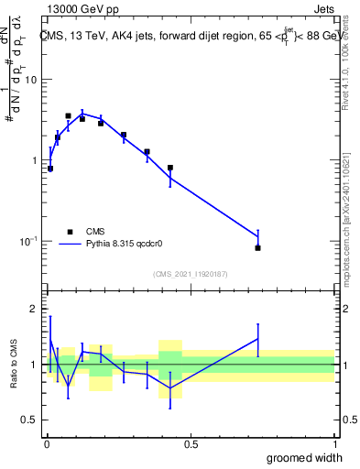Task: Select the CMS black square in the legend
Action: click(69, 232)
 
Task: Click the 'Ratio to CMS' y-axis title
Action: click(14, 364)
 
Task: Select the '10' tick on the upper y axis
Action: click(30, 80)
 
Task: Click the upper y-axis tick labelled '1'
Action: click(34, 160)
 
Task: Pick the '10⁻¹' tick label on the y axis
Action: click(28, 241)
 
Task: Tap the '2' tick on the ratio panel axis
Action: click(34, 309)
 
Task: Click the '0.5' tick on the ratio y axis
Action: click(28, 420)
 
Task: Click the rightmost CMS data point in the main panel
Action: click(258, 248)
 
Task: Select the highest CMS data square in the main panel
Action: click(68, 116)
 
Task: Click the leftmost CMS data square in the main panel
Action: click(50, 169)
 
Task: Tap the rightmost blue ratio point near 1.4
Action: click(258, 339)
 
